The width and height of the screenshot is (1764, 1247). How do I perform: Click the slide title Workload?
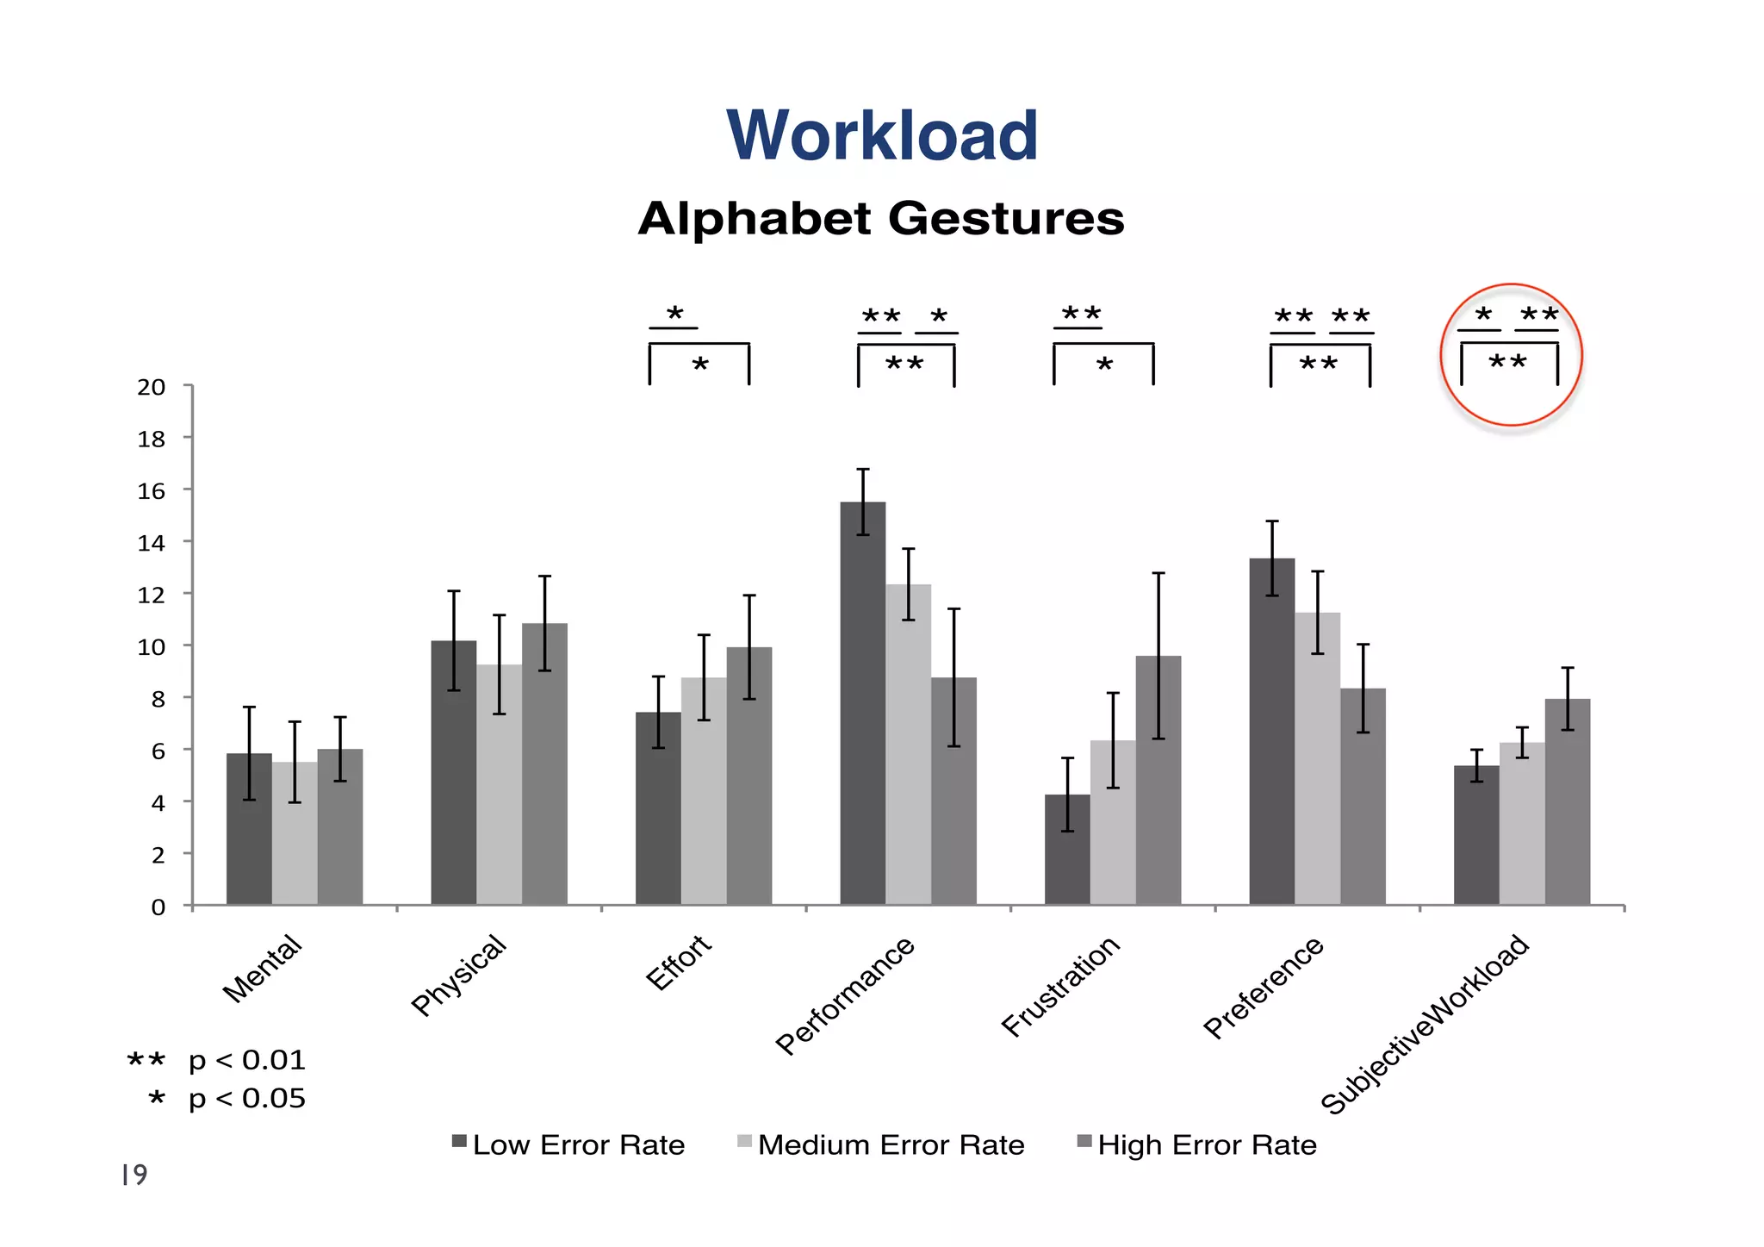click(882, 136)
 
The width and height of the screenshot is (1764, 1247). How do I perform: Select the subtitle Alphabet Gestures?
click(881, 218)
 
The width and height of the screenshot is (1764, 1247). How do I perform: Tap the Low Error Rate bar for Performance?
click(862, 702)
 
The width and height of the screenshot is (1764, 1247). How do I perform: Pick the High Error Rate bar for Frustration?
click(1158, 780)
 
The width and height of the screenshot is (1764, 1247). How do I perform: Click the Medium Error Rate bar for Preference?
click(1317, 758)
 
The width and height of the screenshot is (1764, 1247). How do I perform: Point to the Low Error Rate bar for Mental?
click(249, 828)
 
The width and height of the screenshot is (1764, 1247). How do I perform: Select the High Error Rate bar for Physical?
click(544, 764)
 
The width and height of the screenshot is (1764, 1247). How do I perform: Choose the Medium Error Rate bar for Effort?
click(704, 790)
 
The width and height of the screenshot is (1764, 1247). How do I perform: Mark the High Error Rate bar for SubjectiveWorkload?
click(1567, 801)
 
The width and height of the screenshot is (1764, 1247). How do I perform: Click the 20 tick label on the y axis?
click(152, 387)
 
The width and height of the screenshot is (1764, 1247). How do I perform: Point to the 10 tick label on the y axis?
click(152, 646)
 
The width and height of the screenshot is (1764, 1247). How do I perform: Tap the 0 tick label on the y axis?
click(158, 907)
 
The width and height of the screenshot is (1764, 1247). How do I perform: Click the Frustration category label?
click(1061, 986)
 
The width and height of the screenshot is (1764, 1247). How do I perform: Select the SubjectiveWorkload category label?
click(1425, 1024)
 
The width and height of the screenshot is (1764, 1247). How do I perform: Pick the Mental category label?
click(262, 969)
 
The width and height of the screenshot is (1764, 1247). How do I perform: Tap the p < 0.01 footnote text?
click(246, 1060)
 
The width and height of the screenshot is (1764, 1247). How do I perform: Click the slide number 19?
click(134, 1175)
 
